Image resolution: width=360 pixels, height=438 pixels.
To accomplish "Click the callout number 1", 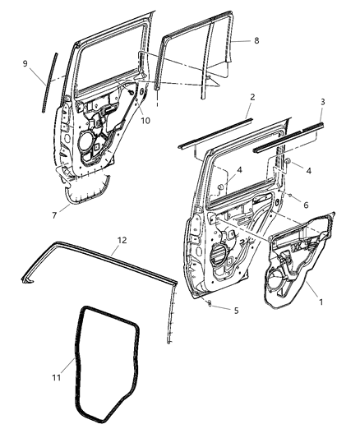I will [321, 302].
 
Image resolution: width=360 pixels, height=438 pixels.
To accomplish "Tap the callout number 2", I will [252, 97].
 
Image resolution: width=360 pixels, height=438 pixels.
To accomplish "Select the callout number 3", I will [321, 101].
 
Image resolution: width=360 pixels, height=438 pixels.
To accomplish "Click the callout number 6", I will [306, 205].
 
